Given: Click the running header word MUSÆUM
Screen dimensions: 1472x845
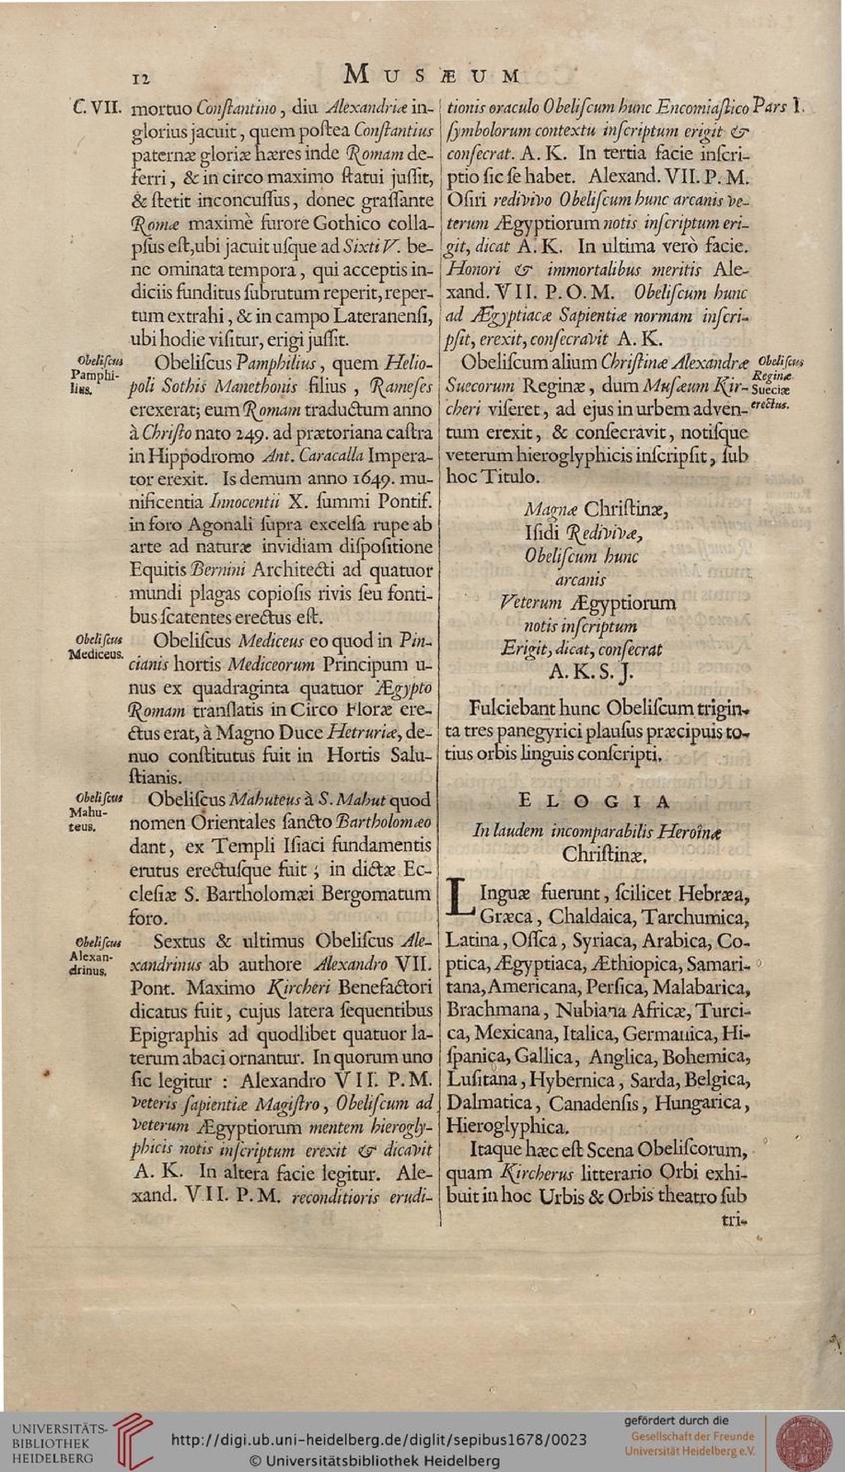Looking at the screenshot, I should [x=432, y=75].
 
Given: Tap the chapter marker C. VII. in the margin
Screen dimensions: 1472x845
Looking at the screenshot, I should [x=97, y=107].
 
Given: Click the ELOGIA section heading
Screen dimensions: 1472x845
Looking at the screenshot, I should [x=594, y=801].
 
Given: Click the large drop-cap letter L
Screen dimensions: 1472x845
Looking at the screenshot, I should [x=460, y=898].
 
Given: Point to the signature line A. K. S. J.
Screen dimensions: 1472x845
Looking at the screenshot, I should [x=592, y=673].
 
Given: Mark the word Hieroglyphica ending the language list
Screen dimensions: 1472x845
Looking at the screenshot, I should [x=507, y=1126].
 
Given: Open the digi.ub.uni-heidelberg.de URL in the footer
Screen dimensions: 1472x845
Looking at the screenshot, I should [x=379, y=1440].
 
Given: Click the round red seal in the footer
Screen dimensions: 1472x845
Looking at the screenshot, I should [x=804, y=1441].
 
